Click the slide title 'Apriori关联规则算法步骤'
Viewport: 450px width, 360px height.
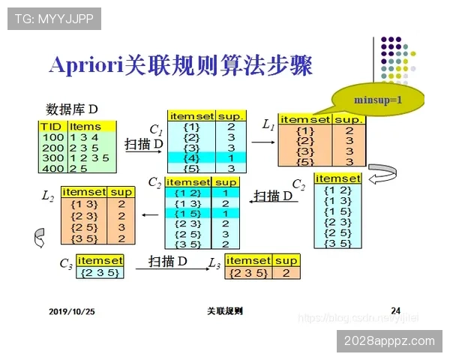(x=180, y=64)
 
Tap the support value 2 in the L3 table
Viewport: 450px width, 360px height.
(x=286, y=273)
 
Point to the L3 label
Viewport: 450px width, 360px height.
(x=215, y=263)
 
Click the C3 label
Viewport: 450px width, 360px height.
(x=67, y=264)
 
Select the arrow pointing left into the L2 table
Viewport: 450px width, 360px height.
(x=150, y=215)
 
